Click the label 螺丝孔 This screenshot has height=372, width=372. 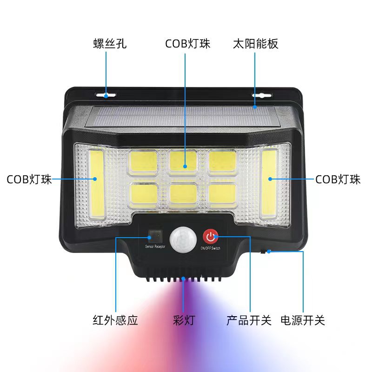[109, 44]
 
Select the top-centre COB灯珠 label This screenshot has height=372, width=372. [188, 44]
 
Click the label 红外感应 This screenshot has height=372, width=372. [115, 320]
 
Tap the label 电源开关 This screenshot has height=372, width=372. [303, 320]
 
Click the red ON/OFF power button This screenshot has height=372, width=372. [210, 236]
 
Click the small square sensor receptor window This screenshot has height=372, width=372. [154, 235]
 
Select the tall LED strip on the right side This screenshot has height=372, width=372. [269, 182]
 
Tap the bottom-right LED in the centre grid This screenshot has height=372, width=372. [222, 194]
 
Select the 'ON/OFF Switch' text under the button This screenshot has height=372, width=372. [210, 248]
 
